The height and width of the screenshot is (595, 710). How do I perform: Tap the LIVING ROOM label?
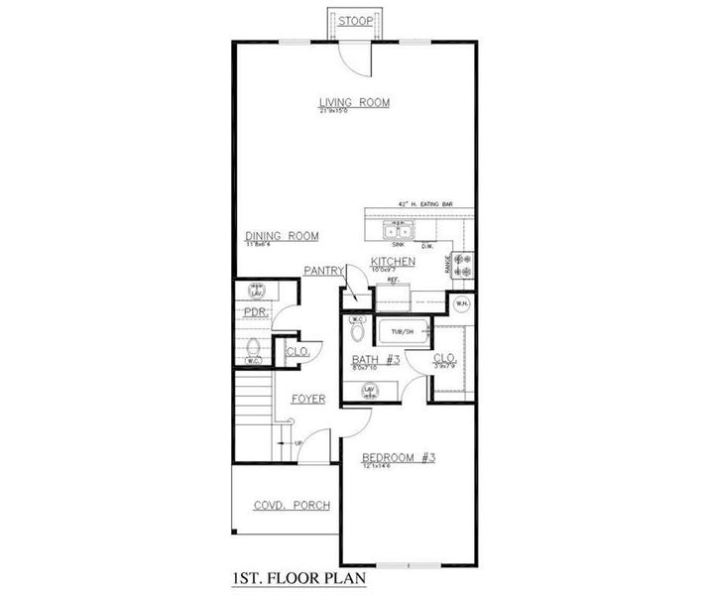(x=353, y=102)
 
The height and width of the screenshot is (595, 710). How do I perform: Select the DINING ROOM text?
(x=282, y=236)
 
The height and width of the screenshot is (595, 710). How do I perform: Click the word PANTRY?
(x=323, y=270)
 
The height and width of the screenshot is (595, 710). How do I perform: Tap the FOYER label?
(x=308, y=399)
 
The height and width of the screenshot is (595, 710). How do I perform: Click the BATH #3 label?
(x=376, y=359)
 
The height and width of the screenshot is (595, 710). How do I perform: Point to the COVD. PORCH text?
(x=292, y=505)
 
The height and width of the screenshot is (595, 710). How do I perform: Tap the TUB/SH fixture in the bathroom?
(x=402, y=331)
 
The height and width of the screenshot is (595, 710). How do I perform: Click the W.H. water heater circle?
(x=459, y=304)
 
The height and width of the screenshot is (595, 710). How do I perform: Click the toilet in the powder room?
(x=251, y=349)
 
